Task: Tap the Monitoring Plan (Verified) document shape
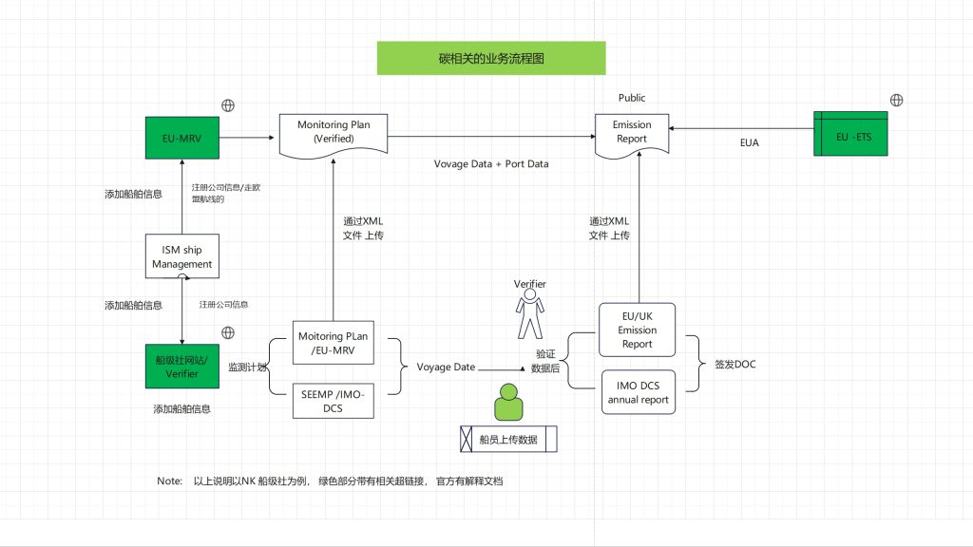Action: [x=334, y=133]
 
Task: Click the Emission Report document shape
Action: [x=631, y=133]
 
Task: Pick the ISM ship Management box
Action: [x=181, y=256]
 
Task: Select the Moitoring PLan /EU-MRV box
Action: [x=334, y=345]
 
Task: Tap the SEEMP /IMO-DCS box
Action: [x=334, y=400]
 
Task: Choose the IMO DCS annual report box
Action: [x=637, y=393]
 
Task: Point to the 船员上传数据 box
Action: [x=508, y=439]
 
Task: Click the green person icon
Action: [x=508, y=403]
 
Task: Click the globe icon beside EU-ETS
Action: [x=895, y=101]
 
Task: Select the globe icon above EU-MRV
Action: [x=228, y=105]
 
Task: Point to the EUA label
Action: [x=750, y=143]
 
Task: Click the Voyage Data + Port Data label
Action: [x=491, y=164]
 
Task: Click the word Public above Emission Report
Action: [x=632, y=98]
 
